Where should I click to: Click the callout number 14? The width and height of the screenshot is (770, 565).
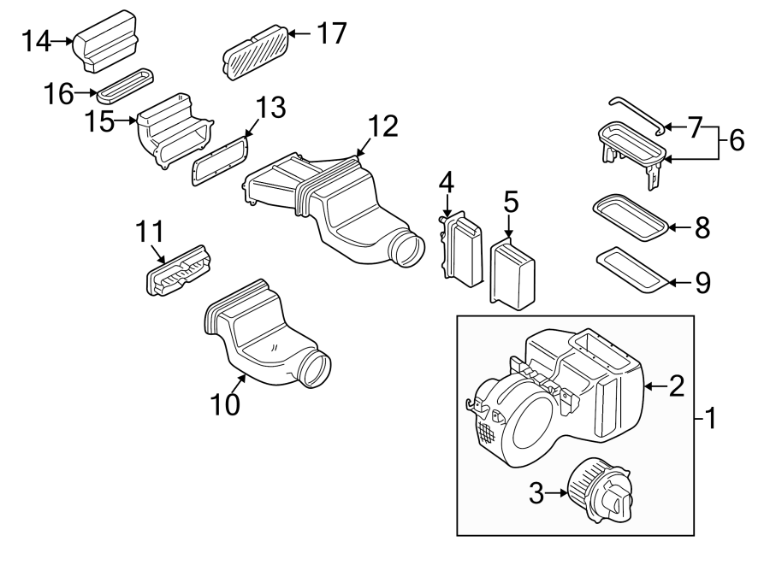37,40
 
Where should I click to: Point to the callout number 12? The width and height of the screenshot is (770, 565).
382,127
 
